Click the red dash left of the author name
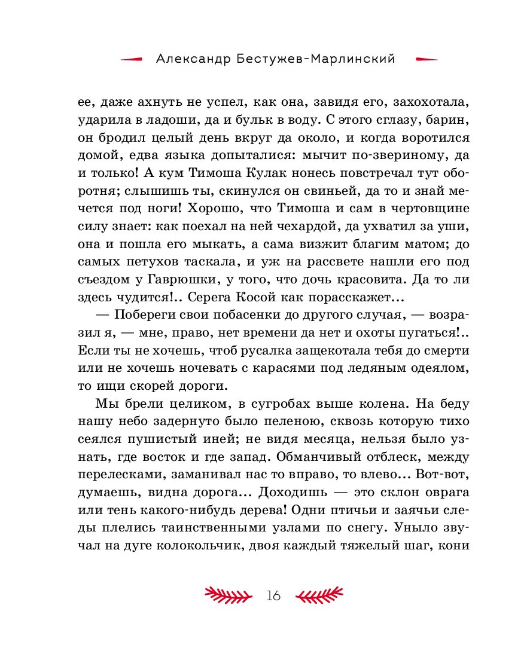click(132, 59)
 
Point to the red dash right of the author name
click(426, 59)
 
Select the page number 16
click(273, 595)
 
